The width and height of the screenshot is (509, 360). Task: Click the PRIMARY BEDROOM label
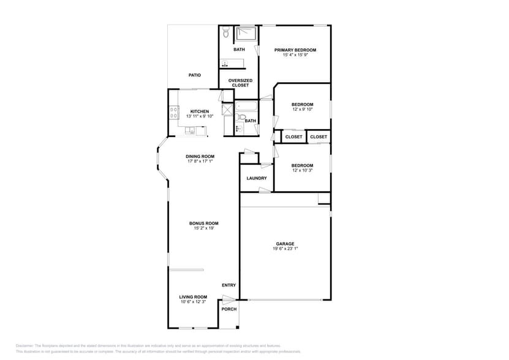pos(295,50)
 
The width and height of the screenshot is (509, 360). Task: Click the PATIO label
pos(194,75)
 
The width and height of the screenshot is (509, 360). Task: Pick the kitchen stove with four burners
pos(173,113)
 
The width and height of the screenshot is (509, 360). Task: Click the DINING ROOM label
pos(200,156)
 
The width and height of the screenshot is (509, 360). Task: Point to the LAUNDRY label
pos(256,178)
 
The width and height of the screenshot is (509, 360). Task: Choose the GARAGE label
pos(285,244)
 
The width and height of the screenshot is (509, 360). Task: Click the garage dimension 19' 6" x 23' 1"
pos(285,249)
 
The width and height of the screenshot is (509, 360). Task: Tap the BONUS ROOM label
pos(203,223)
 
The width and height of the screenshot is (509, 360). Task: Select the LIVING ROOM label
pos(193,297)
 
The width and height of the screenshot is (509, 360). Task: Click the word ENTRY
pos(228,285)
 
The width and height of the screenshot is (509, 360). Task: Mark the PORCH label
pos(228,309)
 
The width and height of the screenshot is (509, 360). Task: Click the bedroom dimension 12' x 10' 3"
pos(302,170)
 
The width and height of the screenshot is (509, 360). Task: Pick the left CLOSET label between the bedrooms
pos(293,137)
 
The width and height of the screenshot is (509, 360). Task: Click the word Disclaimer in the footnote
pos(25,346)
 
